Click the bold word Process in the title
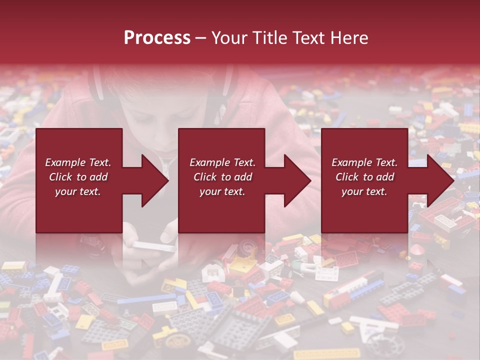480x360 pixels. (x=157, y=38)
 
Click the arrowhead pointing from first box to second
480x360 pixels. (x=156, y=180)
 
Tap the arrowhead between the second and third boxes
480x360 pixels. (x=298, y=180)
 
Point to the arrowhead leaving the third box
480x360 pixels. (x=441, y=180)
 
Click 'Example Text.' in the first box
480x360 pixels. (x=78, y=162)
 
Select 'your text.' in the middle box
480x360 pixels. (x=222, y=191)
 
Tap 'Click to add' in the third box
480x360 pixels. (x=365, y=177)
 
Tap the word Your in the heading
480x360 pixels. (x=228, y=38)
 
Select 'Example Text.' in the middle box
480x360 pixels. (x=222, y=162)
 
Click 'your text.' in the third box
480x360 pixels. (x=364, y=191)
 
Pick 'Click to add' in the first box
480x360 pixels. (x=78, y=177)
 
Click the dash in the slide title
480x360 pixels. (x=200, y=38)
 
